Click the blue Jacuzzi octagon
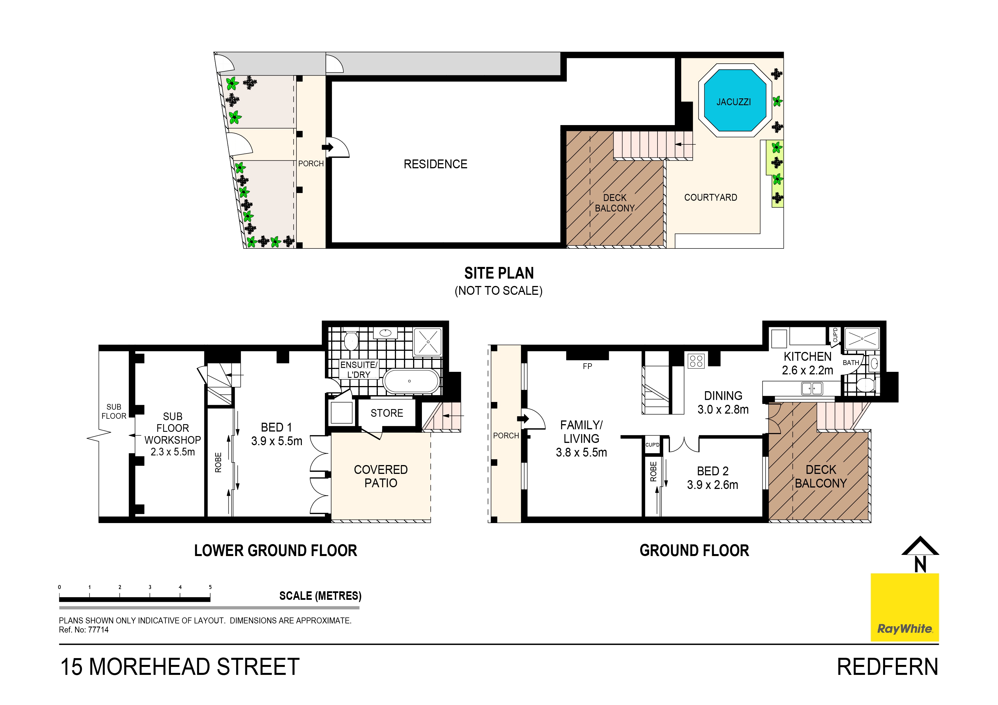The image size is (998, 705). click(735, 101)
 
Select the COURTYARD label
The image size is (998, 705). click(710, 198)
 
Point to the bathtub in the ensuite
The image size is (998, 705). click(411, 381)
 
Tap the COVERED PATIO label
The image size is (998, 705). click(380, 476)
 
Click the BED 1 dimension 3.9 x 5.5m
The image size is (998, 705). click(277, 441)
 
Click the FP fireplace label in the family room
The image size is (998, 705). click(587, 366)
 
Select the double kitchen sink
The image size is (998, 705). click(812, 388)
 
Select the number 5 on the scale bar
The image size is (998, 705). click(210, 587)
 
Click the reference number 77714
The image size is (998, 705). click(98, 630)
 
